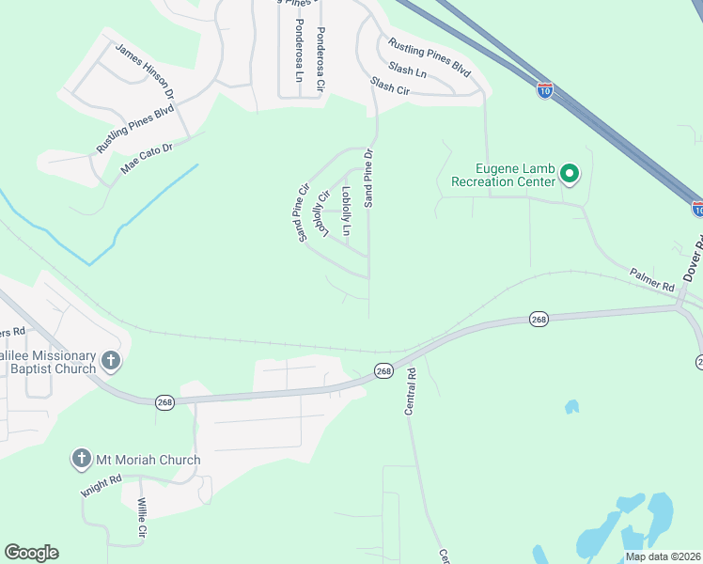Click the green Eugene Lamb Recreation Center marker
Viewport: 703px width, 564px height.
(x=569, y=174)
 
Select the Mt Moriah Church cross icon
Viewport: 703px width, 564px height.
(x=82, y=460)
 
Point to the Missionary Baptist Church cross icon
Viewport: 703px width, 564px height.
(x=111, y=360)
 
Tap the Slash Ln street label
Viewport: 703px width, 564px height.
(x=407, y=70)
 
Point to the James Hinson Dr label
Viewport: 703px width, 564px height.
(x=145, y=70)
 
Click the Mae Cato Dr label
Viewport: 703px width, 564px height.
(x=148, y=161)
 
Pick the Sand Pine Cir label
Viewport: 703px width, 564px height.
(x=303, y=212)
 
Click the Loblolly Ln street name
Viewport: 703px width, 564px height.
(x=346, y=211)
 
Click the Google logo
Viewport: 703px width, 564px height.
(x=31, y=553)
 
